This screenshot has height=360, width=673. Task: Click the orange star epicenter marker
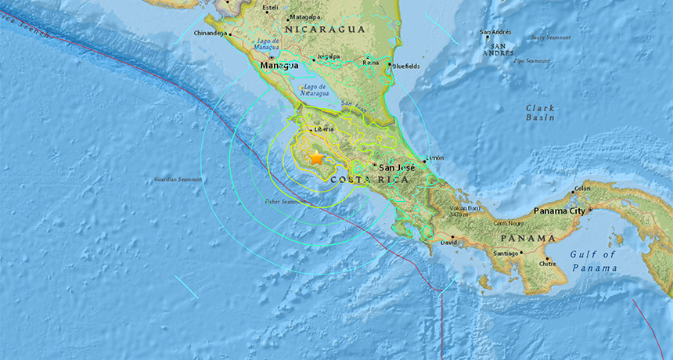coord(316,158)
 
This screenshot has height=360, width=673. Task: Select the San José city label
coord(396,167)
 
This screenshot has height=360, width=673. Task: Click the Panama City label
coord(560,211)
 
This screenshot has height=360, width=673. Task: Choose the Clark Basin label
coord(540,113)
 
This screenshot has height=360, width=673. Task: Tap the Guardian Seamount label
coord(178,179)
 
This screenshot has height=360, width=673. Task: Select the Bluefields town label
coord(407,67)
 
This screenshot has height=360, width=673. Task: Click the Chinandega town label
coord(210,34)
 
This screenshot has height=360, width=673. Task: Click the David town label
coord(449,243)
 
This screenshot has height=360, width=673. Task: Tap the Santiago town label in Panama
coord(506,253)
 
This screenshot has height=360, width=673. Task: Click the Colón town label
coord(581,189)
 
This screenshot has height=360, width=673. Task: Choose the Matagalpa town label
coord(304,16)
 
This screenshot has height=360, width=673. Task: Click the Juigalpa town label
coord(326,57)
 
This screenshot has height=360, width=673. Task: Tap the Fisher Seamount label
coord(283,202)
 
